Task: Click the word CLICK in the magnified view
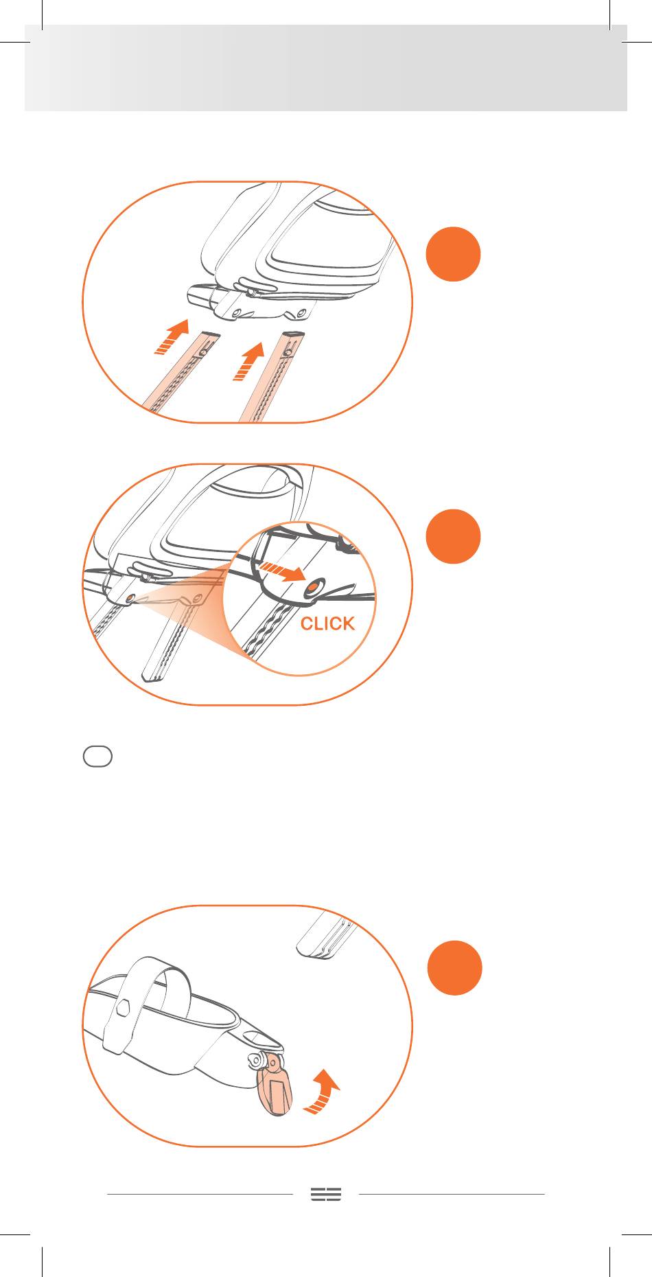pyautogui.click(x=328, y=623)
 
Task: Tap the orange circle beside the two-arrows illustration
pyautogui.click(x=453, y=254)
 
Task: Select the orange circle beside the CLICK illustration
pyautogui.click(x=453, y=536)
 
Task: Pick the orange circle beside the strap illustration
pyautogui.click(x=454, y=968)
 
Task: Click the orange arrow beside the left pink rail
pyautogui.click(x=172, y=336)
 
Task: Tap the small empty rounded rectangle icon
pyautogui.click(x=97, y=757)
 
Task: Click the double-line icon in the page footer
pyautogui.click(x=326, y=1194)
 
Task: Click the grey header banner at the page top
pyautogui.click(x=326, y=68)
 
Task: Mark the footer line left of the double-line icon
pyautogui.click(x=200, y=1194)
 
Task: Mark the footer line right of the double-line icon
pyautogui.click(x=452, y=1194)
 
